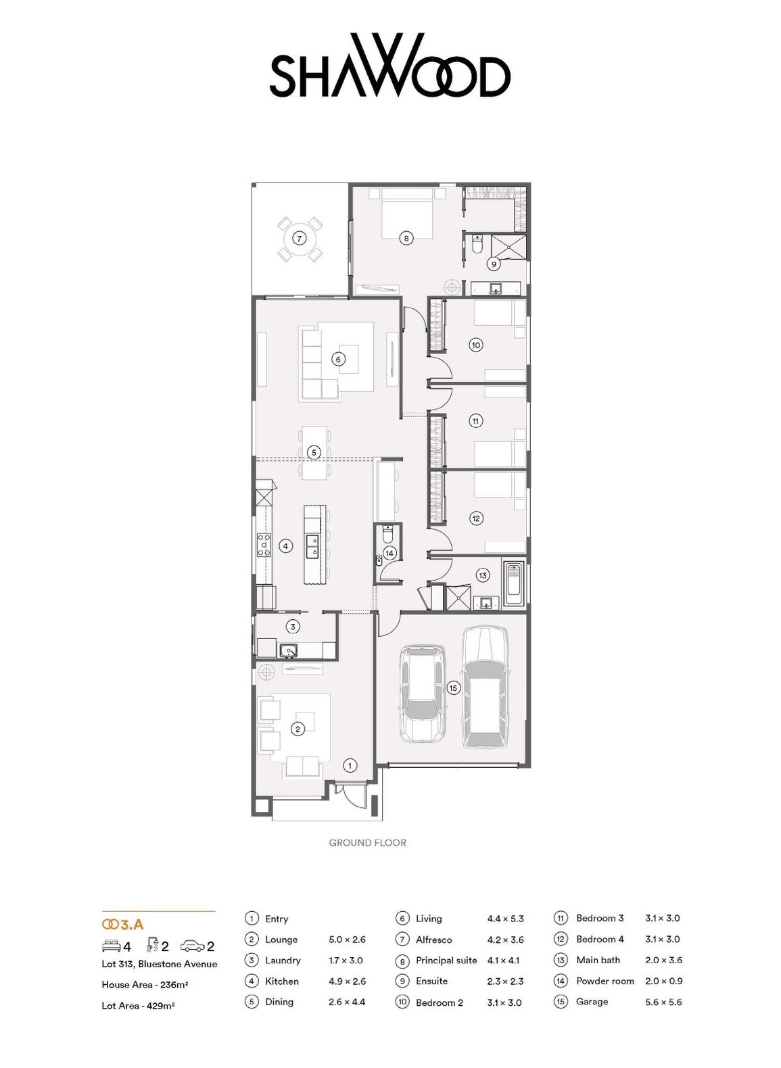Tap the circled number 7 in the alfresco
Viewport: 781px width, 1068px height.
[299, 238]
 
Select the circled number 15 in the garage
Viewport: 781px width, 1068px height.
[453, 687]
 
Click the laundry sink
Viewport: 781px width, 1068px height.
[289, 650]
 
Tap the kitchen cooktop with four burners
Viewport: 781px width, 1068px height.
[264, 545]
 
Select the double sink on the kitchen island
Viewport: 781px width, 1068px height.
[313, 546]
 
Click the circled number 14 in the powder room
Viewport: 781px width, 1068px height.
[389, 553]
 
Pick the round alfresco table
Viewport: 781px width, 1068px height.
[299, 238]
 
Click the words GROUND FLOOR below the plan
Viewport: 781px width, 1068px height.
[367, 842]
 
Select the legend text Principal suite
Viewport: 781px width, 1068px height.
[446, 961]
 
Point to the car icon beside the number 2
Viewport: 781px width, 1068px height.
[192, 946]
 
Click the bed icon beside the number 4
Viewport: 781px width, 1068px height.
[112, 946]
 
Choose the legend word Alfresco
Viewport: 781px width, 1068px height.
[433, 940]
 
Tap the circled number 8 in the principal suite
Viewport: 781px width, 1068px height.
[406, 238]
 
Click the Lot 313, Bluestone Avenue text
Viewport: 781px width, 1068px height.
[160, 964]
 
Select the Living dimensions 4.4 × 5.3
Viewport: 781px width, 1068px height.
[505, 919]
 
